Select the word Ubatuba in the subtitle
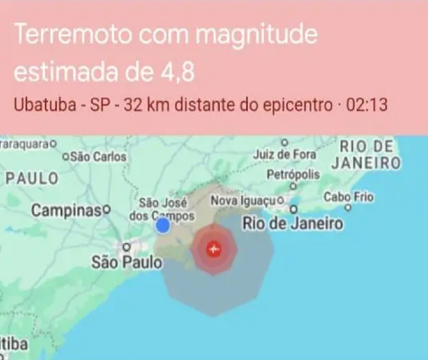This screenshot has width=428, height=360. pos(45,105)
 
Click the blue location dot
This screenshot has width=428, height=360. pos(163,226)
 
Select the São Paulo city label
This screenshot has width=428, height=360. pos(127,262)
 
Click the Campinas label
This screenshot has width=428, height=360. pos(67,211)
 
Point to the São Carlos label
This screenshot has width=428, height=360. pos(98,156)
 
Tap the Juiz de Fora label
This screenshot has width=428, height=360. pos(285,154)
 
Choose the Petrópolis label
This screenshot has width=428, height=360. pos(293,174)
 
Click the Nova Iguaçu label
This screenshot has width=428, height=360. pos(243,201)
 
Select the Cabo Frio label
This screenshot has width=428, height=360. pos(348,197)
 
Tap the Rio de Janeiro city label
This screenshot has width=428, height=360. pos(293,224)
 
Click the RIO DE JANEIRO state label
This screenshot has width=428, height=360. pos(366,155)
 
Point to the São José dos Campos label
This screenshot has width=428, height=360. pos(162,209)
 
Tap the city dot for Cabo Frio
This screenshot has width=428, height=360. pos(348,208)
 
